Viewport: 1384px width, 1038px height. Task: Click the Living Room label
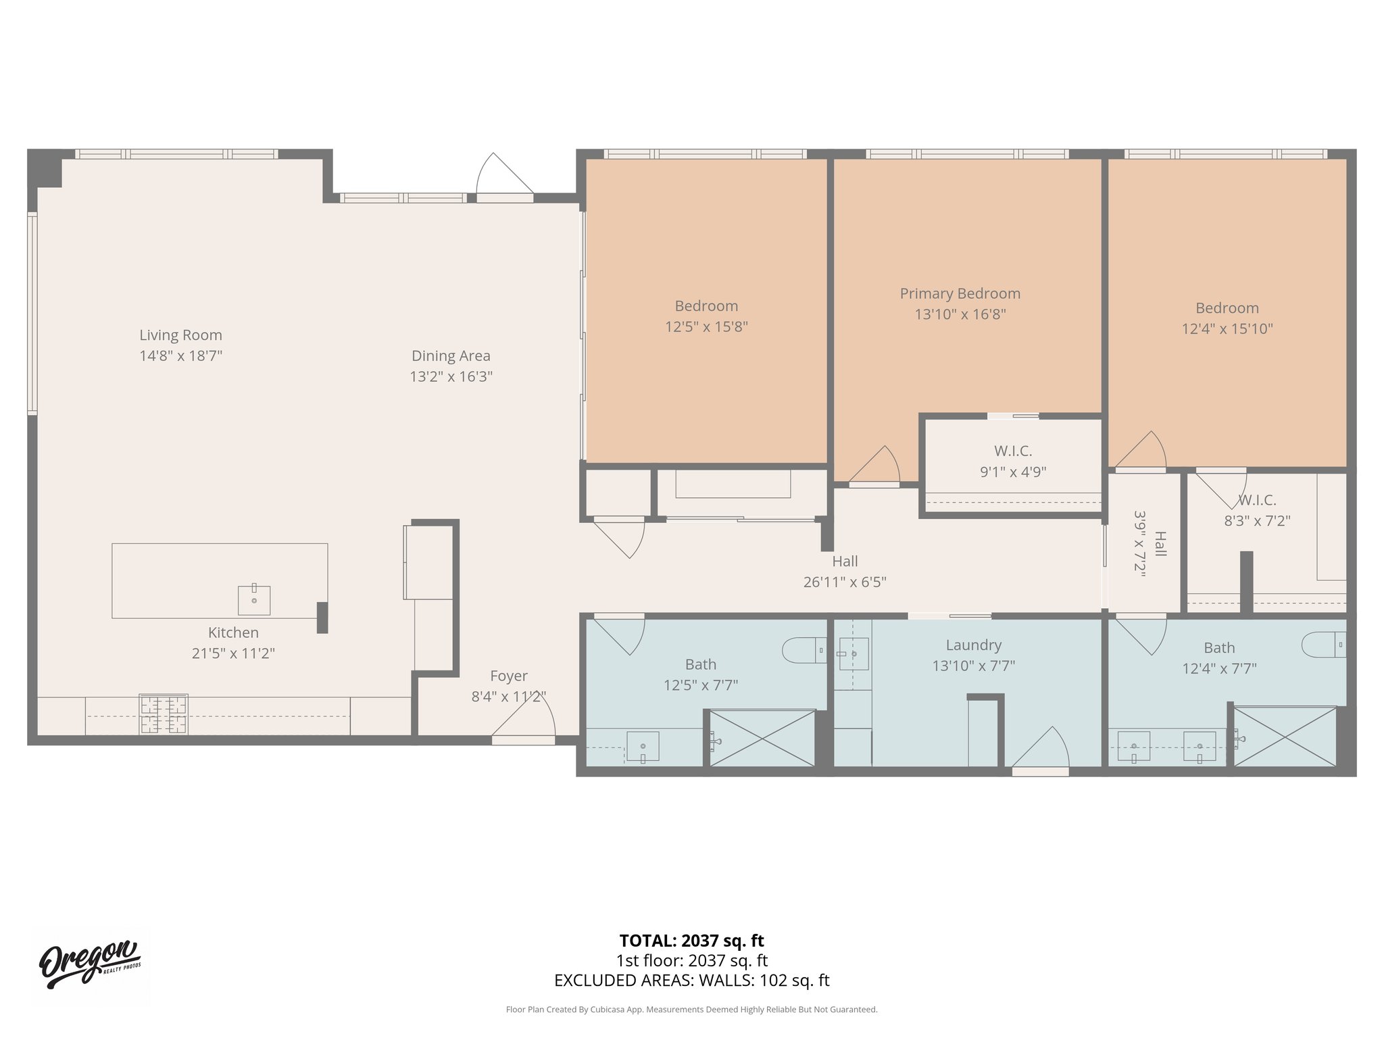point(180,335)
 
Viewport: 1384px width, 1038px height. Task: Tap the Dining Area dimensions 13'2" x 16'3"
point(451,376)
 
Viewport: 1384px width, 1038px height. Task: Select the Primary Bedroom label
point(960,294)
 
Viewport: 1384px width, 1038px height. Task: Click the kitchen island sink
point(254,600)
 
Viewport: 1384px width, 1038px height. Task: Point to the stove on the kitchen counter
point(163,714)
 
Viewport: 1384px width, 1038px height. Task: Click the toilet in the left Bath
point(804,651)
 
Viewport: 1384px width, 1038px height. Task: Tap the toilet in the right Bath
point(1324,645)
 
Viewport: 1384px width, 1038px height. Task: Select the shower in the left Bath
point(762,738)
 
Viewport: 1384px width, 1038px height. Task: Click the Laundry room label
point(973,645)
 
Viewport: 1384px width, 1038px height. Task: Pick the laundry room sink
point(854,654)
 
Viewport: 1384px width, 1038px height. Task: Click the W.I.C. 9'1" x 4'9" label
point(1012,451)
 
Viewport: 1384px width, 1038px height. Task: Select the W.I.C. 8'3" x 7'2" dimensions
point(1257,521)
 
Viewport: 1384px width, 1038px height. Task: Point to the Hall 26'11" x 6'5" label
point(845,562)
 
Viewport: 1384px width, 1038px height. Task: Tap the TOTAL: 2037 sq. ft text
point(691,941)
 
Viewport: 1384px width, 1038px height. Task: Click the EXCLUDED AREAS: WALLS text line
point(691,981)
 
